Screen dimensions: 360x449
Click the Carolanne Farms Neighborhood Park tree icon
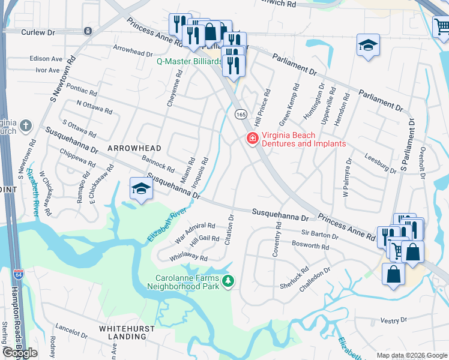tap(228, 281)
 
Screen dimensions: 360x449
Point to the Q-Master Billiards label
tap(189, 61)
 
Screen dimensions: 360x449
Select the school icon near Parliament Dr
tap(368, 45)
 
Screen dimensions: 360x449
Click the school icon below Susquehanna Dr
tap(142, 188)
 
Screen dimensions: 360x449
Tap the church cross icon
tap(25, 125)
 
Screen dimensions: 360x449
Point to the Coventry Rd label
tap(277, 240)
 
